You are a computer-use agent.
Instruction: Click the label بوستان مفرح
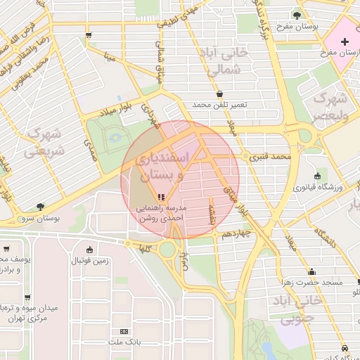point(314,26)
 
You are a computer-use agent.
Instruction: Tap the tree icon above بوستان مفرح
point(297,14)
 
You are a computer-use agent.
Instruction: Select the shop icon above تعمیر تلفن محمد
point(220,93)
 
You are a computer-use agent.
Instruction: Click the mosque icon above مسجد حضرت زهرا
point(311,271)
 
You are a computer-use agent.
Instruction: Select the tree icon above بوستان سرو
point(40,207)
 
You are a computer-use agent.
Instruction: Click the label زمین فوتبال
point(89,261)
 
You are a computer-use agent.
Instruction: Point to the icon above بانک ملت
point(124,330)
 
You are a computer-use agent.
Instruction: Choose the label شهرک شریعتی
point(44,141)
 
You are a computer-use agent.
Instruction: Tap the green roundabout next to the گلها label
point(167,249)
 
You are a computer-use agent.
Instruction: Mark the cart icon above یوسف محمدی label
point(6,248)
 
